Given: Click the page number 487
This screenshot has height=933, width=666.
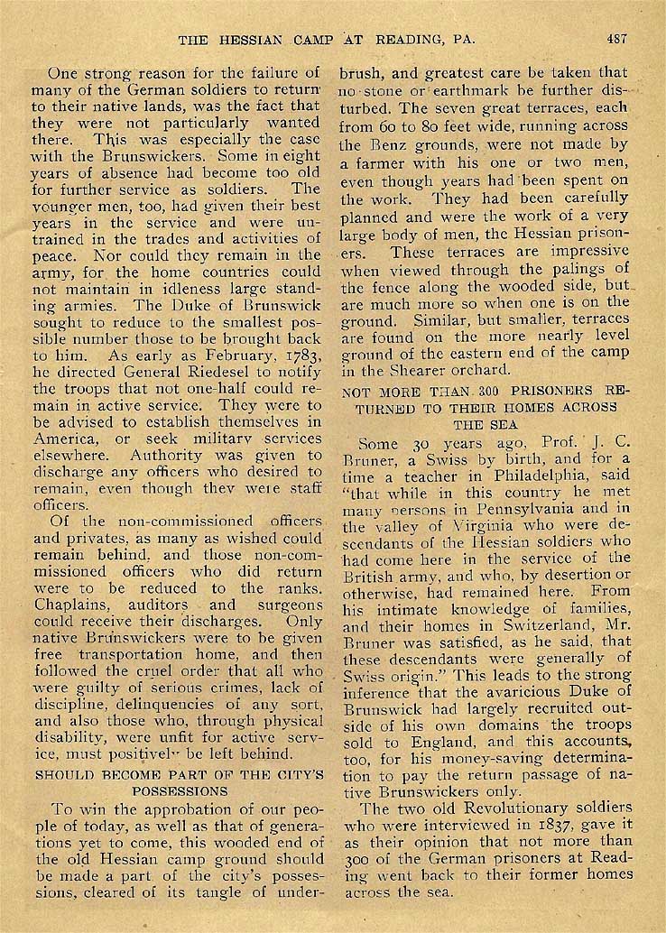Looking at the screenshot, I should (x=617, y=40).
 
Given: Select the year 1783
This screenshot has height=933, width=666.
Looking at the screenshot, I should (x=297, y=356).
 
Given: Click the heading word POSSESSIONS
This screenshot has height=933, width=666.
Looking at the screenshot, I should (x=177, y=790).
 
